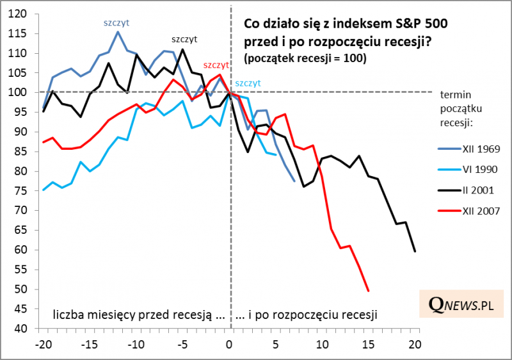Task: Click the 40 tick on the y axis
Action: (x=20, y=329)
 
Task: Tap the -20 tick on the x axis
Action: (x=43, y=343)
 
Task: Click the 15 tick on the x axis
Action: (x=368, y=343)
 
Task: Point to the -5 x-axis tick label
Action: (x=182, y=343)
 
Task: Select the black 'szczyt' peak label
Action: (x=184, y=39)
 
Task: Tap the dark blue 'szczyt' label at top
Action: (x=116, y=22)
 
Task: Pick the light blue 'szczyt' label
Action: (x=248, y=83)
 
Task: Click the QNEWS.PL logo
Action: (x=456, y=306)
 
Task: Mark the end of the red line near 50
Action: (x=369, y=291)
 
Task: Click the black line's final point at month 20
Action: (x=415, y=251)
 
